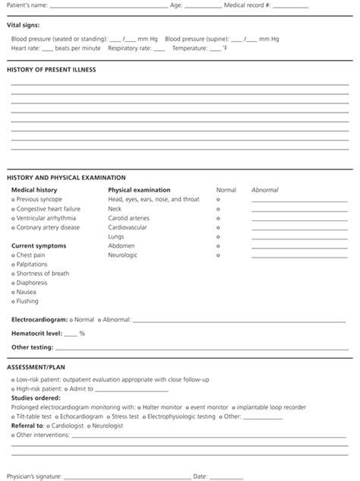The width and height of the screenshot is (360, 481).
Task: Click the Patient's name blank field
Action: [x=106, y=7]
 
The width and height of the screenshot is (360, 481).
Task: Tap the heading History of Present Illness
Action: [x=51, y=70]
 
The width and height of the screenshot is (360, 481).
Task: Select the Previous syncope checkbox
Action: [x=14, y=199]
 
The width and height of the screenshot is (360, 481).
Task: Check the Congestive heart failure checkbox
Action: [x=14, y=208]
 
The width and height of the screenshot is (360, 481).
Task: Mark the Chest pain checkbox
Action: [x=14, y=255]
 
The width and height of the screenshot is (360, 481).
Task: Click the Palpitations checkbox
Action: [x=14, y=264]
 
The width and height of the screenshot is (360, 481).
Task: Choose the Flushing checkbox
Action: [x=14, y=301]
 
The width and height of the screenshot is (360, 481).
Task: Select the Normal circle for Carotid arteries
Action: [x=219, y=218]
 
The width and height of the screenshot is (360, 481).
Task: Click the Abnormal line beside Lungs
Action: [x=299, y=239]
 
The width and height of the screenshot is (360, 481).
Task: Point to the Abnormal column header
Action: [x=264, y=190]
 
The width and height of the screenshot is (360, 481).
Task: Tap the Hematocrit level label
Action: [x=36, y=334]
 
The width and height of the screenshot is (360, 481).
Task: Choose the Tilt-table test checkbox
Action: [x=14, y=416]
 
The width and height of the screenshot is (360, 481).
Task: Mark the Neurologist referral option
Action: [x=89, y=426]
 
